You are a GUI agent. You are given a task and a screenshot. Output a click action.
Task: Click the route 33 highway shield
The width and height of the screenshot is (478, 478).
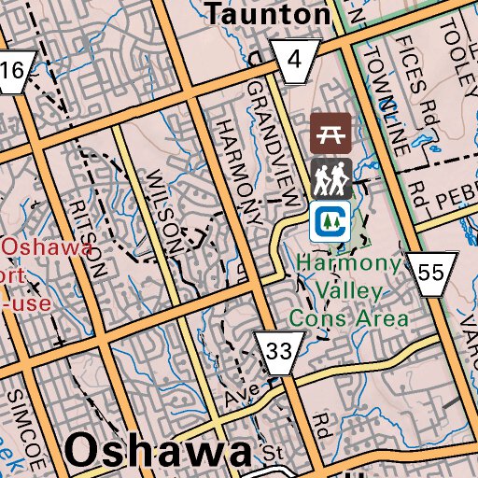(x=278, y=352)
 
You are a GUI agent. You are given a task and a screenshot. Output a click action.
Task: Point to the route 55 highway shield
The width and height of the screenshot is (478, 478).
(x=431, y=273)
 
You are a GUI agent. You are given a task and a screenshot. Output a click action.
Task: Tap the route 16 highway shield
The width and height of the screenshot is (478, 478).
(x=13, y=71)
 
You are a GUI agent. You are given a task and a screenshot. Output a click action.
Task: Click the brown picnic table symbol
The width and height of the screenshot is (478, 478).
(x=330, y=134)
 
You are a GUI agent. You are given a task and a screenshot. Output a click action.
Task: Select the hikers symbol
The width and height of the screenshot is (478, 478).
(x=330, y=177)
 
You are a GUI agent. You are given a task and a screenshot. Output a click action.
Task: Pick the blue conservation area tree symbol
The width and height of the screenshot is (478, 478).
(x=330, y=220)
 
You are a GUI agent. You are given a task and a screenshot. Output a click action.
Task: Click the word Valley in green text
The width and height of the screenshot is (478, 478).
(x=347, y=291)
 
